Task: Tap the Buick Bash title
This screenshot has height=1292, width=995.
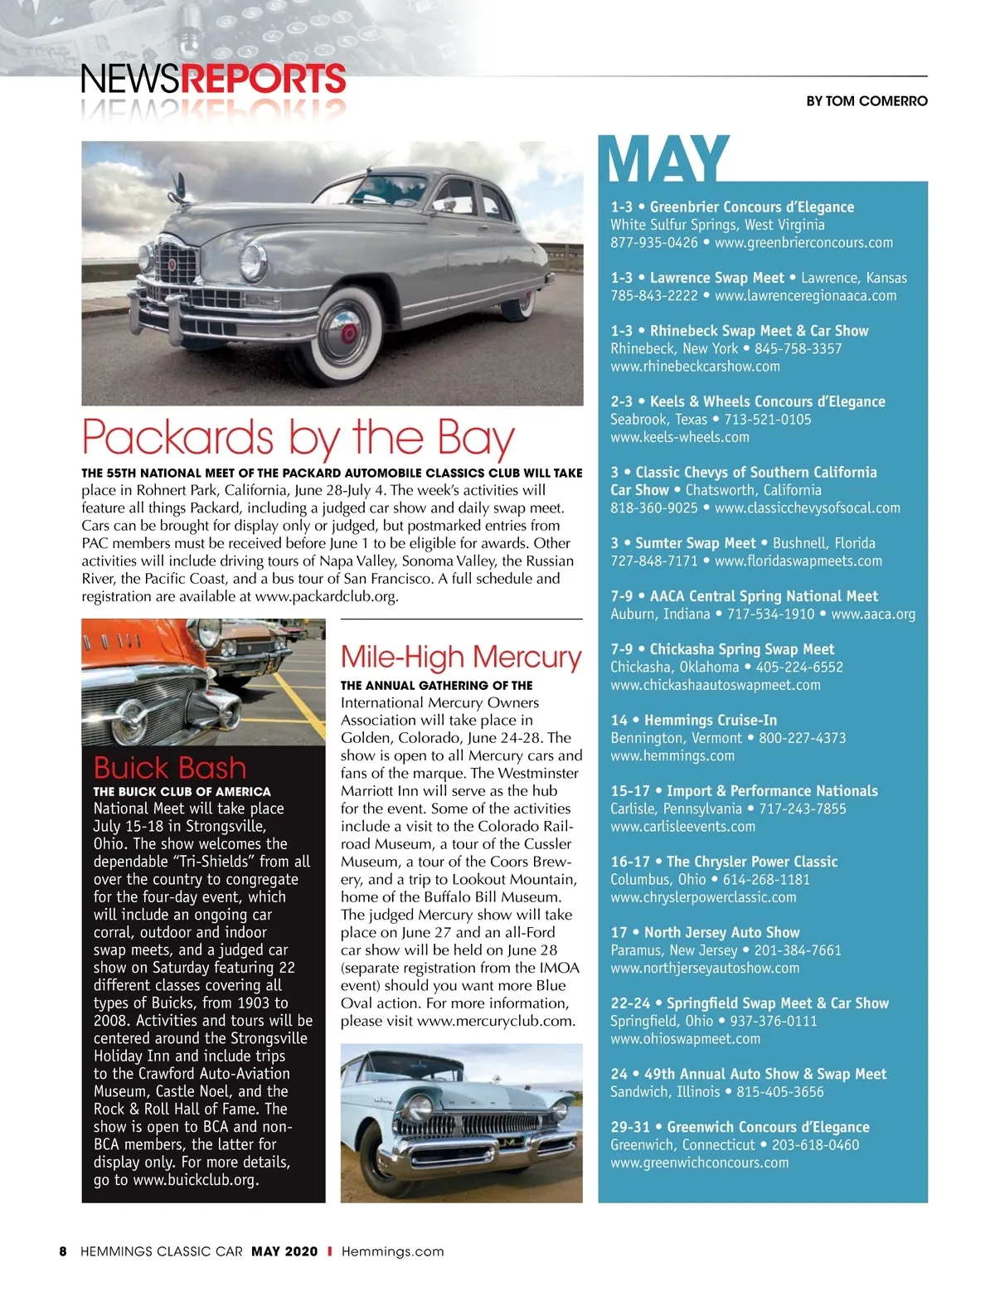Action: point(170,767)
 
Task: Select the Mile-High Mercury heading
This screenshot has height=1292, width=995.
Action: point(461,657)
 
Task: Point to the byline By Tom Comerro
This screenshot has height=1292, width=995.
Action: point(866,101)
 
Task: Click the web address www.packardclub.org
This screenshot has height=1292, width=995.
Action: point(326,596)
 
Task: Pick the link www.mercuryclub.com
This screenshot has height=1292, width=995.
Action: point(495,1021)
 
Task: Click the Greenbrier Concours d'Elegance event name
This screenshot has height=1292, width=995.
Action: point(751,206)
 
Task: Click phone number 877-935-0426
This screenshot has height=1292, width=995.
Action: point(654,242)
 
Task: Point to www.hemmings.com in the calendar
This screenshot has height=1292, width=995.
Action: point(672,755)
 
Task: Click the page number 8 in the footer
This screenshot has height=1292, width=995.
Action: point(63,1251)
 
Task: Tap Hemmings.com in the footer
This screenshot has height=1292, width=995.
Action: point(392,1251)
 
